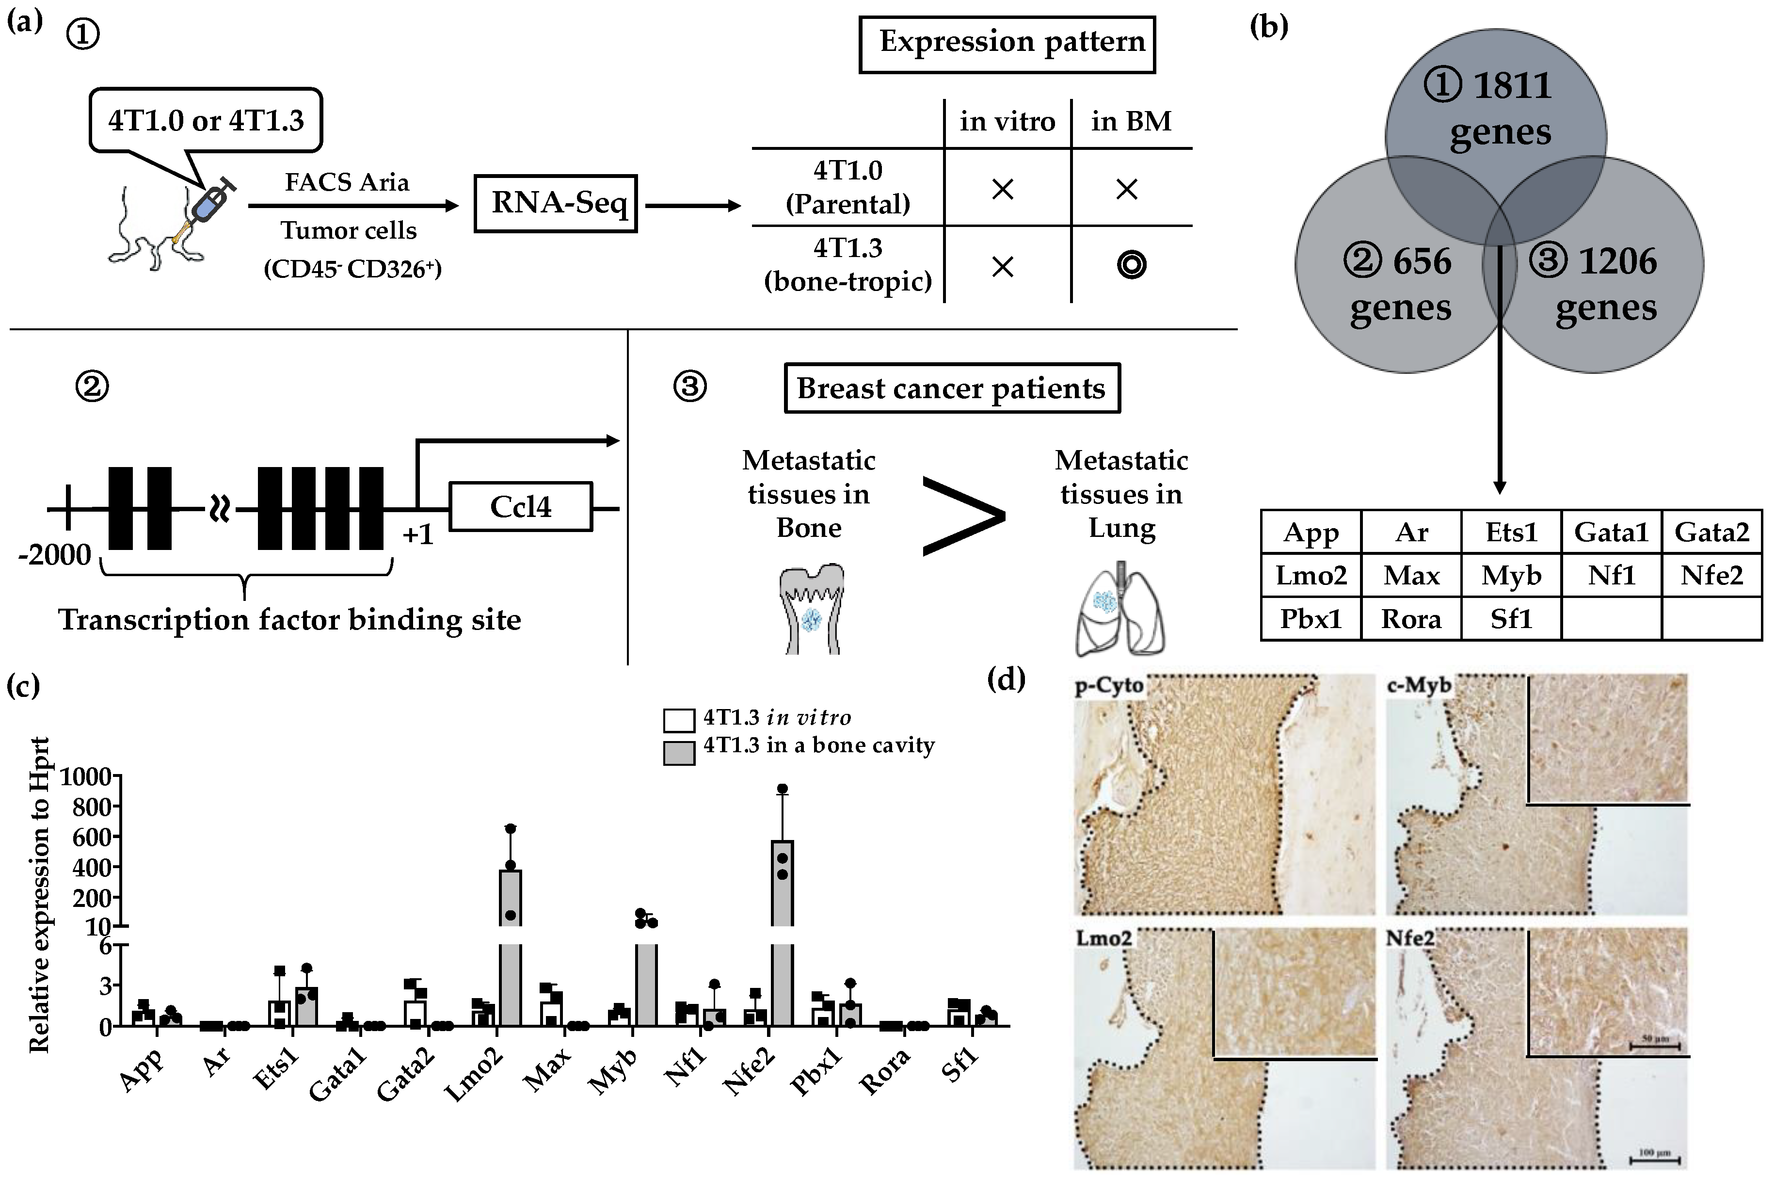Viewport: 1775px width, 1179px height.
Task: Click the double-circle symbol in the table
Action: point(1131,265)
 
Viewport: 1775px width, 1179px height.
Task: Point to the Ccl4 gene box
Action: point(520,507)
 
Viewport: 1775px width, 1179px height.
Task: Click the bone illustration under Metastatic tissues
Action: point(810,609)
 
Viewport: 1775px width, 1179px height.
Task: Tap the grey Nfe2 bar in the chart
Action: point(783,932)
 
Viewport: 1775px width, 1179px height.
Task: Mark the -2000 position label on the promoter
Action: point(55,555)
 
